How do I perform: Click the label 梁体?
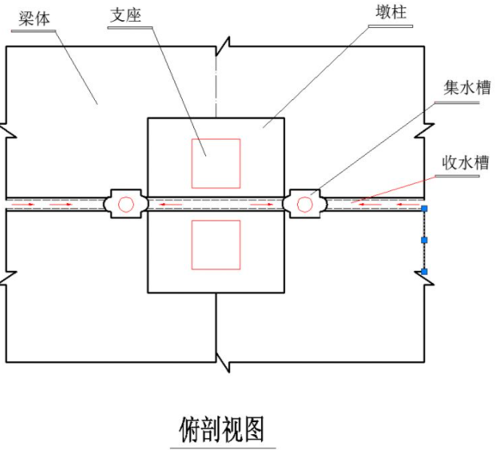35,19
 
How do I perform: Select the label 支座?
126,15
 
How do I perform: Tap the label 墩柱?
391,12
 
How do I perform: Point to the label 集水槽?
467,87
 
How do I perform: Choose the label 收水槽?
466,163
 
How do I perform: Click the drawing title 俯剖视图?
221,430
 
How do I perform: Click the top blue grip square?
424,208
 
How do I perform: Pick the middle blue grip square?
424,240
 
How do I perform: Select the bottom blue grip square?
424,272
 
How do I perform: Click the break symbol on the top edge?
223,47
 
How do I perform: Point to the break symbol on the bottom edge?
223,362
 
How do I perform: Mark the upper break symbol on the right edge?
424,130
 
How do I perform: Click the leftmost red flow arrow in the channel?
23,205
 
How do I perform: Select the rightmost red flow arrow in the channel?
408,205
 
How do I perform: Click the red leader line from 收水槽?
393,190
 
